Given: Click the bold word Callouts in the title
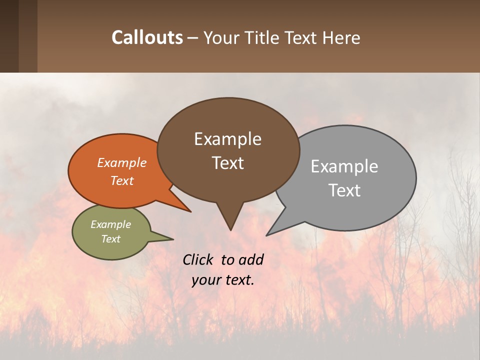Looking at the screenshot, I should (x=147, y=37).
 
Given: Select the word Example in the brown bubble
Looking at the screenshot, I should (x=227, y=139).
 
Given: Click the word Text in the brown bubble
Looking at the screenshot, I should (x=227, y=162).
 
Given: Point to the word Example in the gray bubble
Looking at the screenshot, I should (x=344, y=166).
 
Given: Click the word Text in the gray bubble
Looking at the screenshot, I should (x=344, y=190).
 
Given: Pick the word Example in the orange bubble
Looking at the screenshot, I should (x=121, y=162).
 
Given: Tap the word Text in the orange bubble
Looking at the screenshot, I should (x=121, y=180).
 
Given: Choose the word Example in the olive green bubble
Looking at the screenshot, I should (x=110, y=224).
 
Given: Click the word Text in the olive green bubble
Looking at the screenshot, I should (x=110, y=239).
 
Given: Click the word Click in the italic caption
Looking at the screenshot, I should (x=199, y=259).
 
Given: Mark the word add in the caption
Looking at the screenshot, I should (x=250, y=259).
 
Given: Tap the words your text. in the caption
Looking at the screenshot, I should (x=222, y=280).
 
